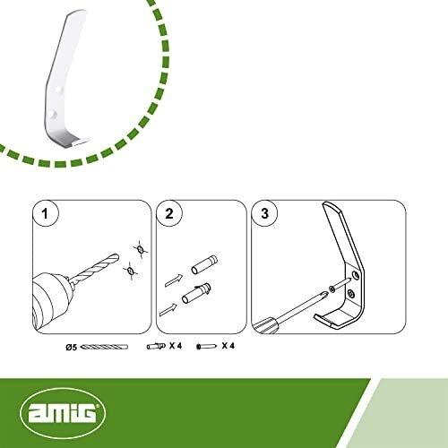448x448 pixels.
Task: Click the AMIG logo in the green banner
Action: pos(63,412)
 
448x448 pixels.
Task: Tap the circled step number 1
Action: pos(45,214)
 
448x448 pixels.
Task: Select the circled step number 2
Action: pos(169,214)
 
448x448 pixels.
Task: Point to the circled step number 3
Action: pos(264,214)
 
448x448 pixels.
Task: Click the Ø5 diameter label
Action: pos(72,348)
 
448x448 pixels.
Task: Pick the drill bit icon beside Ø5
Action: pos(105,347)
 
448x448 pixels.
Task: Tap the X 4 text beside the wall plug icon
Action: pos(176,346)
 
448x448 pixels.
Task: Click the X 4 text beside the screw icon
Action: pos(228,346)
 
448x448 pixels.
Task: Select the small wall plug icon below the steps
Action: pos(156,346)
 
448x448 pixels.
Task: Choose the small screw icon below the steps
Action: pos(207,347)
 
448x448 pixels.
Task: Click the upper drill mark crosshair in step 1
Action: pos(141,249)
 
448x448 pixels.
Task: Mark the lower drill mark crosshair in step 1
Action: pos(130,271)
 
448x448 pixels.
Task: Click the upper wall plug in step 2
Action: pos(204,264)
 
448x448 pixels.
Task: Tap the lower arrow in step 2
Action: pos(169,309)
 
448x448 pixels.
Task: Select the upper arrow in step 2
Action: pos(174,280)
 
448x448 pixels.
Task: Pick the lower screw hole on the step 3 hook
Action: pos(352,295)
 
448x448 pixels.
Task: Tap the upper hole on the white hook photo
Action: pos(60,90)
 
